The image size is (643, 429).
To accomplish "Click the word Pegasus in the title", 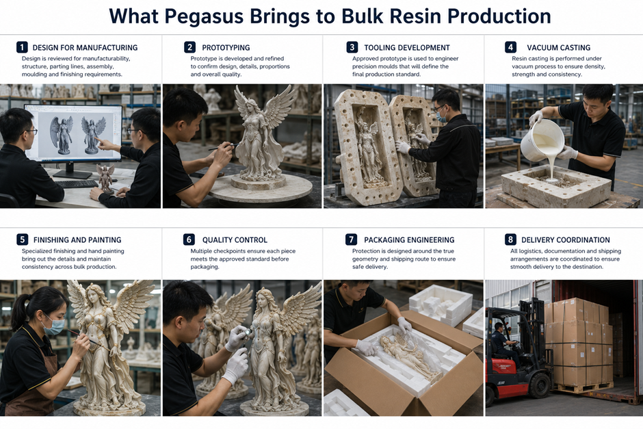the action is pos(205,16).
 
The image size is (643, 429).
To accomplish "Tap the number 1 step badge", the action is pos(22,47).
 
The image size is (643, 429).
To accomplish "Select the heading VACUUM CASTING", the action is pos(559,48).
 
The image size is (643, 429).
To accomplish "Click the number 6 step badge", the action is pos(189,239).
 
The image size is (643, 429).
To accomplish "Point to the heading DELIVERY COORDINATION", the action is pos(566,240).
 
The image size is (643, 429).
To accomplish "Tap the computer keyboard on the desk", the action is pos(77,184).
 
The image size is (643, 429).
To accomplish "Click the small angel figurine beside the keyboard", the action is pos(105,179).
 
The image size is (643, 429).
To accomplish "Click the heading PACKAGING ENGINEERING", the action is pos(409,240).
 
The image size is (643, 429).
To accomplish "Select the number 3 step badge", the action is pos(352,47).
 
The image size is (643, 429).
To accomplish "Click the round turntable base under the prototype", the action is pos(261,189).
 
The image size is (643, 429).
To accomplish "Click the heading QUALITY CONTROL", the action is pos(235,240).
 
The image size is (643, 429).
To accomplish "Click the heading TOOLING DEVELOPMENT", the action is pos(407,48).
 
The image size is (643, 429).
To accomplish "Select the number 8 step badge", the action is pos(510,239).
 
